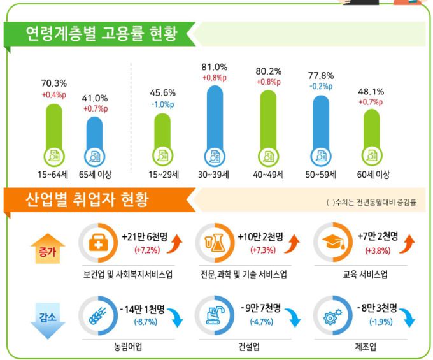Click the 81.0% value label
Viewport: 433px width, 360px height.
point(215,67)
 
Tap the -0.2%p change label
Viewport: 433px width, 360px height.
point(321,86)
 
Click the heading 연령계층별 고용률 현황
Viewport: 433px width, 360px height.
point(101,32)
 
